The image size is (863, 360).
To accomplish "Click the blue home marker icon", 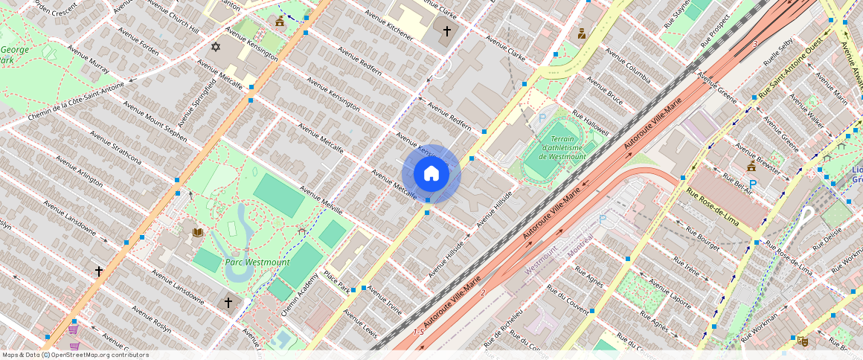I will click(x=431, y=174).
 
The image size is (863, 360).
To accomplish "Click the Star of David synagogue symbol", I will click(x=216, y=48).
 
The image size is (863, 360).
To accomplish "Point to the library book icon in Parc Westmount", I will click(x=198, y=233).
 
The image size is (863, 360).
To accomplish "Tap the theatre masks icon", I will click(x=802, y=341).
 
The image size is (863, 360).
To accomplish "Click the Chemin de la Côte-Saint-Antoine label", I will click(x=76, y=103).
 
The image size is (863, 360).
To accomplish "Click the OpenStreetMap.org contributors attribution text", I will click(x=100, y=355).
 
